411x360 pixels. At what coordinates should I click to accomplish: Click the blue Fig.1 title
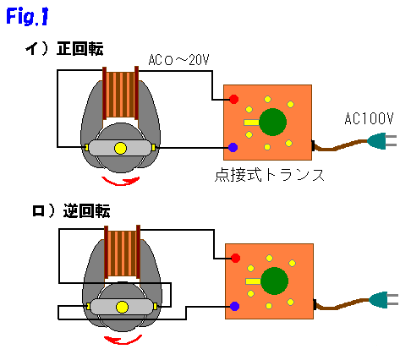(x=27, y=16)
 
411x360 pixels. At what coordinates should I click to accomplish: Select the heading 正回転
(x=79, y=48)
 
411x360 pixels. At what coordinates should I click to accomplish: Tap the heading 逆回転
(x=86, y=210)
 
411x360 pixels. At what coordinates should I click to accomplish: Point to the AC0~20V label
(x=178, y=60)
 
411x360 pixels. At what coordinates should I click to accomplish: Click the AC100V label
(x=369, y=118)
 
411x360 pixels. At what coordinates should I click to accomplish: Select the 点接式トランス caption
(x=270, y=175)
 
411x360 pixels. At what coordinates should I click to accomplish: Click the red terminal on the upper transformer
(x=233, y=99)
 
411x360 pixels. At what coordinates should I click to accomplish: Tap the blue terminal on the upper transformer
(x=233, y=147)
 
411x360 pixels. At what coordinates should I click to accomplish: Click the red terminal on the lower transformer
(x=235, y=258)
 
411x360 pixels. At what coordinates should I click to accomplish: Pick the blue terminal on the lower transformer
(x=234, y=306)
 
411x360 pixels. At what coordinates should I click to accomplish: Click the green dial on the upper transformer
(x=272, y=122)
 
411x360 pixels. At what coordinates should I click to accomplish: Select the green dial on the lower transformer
(x=274, y=281)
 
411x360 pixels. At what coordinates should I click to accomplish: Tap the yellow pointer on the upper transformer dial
(x=251, y=123)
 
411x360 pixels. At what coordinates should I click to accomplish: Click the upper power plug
(x=382, y=140)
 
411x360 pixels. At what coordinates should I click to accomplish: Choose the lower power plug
(x=384, y=299)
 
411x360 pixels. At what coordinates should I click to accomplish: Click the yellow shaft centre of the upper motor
(x=120, y=148)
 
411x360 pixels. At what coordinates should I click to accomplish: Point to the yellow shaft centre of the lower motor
(x=122, y=307)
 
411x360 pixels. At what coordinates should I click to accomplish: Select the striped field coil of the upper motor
(x=120, y=95)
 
